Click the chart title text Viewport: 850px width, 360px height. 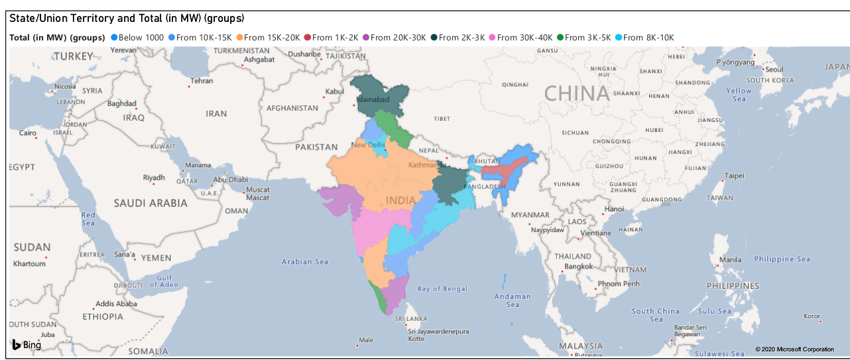127,19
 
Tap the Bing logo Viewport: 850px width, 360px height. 27,345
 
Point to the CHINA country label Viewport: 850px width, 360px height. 576,93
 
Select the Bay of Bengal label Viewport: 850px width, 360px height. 442,288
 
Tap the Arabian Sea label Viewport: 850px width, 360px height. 305,262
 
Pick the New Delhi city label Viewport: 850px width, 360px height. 368,145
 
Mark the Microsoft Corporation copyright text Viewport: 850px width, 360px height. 794,349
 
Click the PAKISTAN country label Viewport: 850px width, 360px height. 317,147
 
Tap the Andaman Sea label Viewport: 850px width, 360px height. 513,300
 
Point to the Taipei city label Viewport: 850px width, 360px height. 734,176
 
